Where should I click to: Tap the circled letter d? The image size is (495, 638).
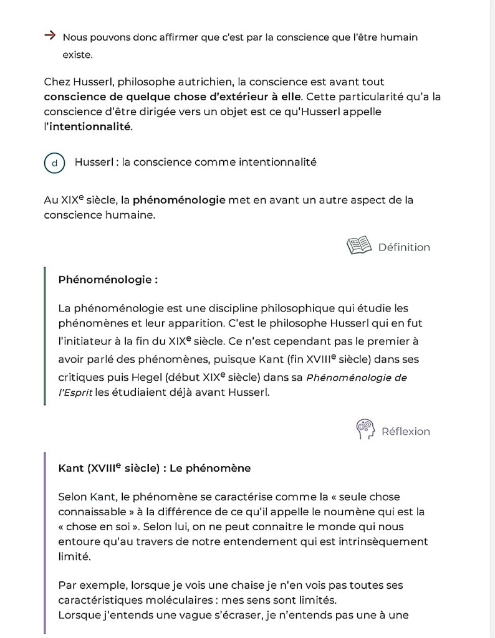[x=55, y=163]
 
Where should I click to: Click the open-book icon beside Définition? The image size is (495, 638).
[x=358, y=246]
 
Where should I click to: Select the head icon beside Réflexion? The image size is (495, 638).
[x=365, y=430]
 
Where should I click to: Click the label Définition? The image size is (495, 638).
[x=404, y=247]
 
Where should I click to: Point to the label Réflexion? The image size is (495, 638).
[x=405, y=431]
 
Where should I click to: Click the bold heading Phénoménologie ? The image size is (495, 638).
[x=107, y=280]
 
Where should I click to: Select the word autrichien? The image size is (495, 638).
[x=221, y=82]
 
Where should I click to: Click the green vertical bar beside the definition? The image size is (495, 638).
[x=45, y=336]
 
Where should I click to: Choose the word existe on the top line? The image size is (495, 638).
[x=77, y=55]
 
